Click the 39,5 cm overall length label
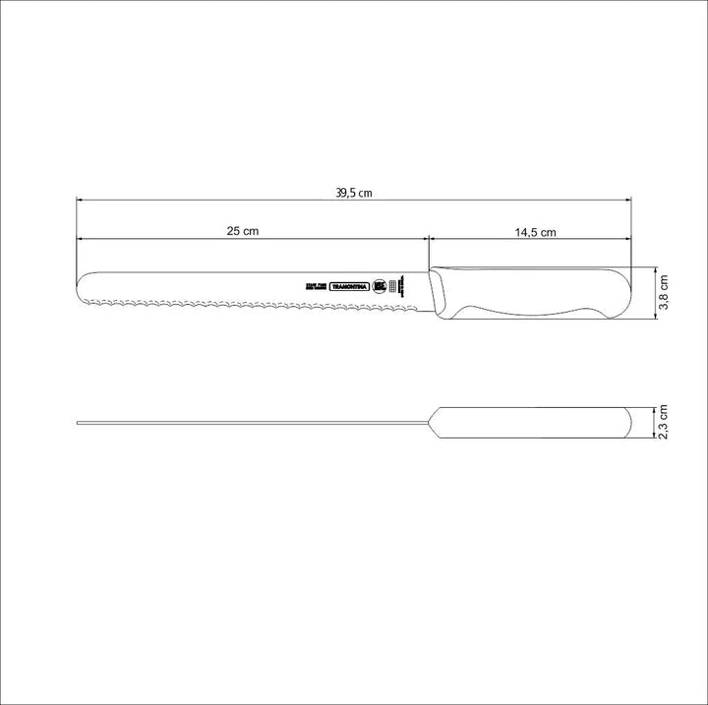pyautogui.click(x=353, y=193)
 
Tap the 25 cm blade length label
pyautogui.click(x=242, y=231)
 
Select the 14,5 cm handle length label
pyautogui.click(x=535, y=233)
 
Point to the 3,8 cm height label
pyautogui.click(x=664, y=293)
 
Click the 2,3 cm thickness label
pyautogui.click(x=664, y=424)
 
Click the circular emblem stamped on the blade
pyautogui.click(x=378, y=286)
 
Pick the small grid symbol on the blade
pyautogui.click(x=394, y=286)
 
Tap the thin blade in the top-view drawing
pyautogui.click(x=246, y=424)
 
